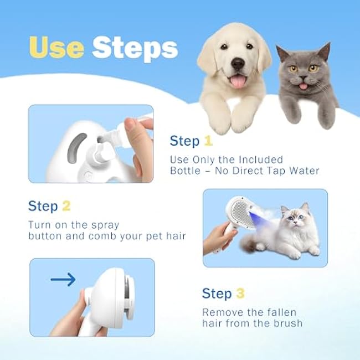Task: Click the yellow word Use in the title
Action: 56,48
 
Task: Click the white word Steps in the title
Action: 135,48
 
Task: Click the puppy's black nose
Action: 238,65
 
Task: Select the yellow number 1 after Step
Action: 208,141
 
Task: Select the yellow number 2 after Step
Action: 66,207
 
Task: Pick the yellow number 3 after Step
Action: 239,293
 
